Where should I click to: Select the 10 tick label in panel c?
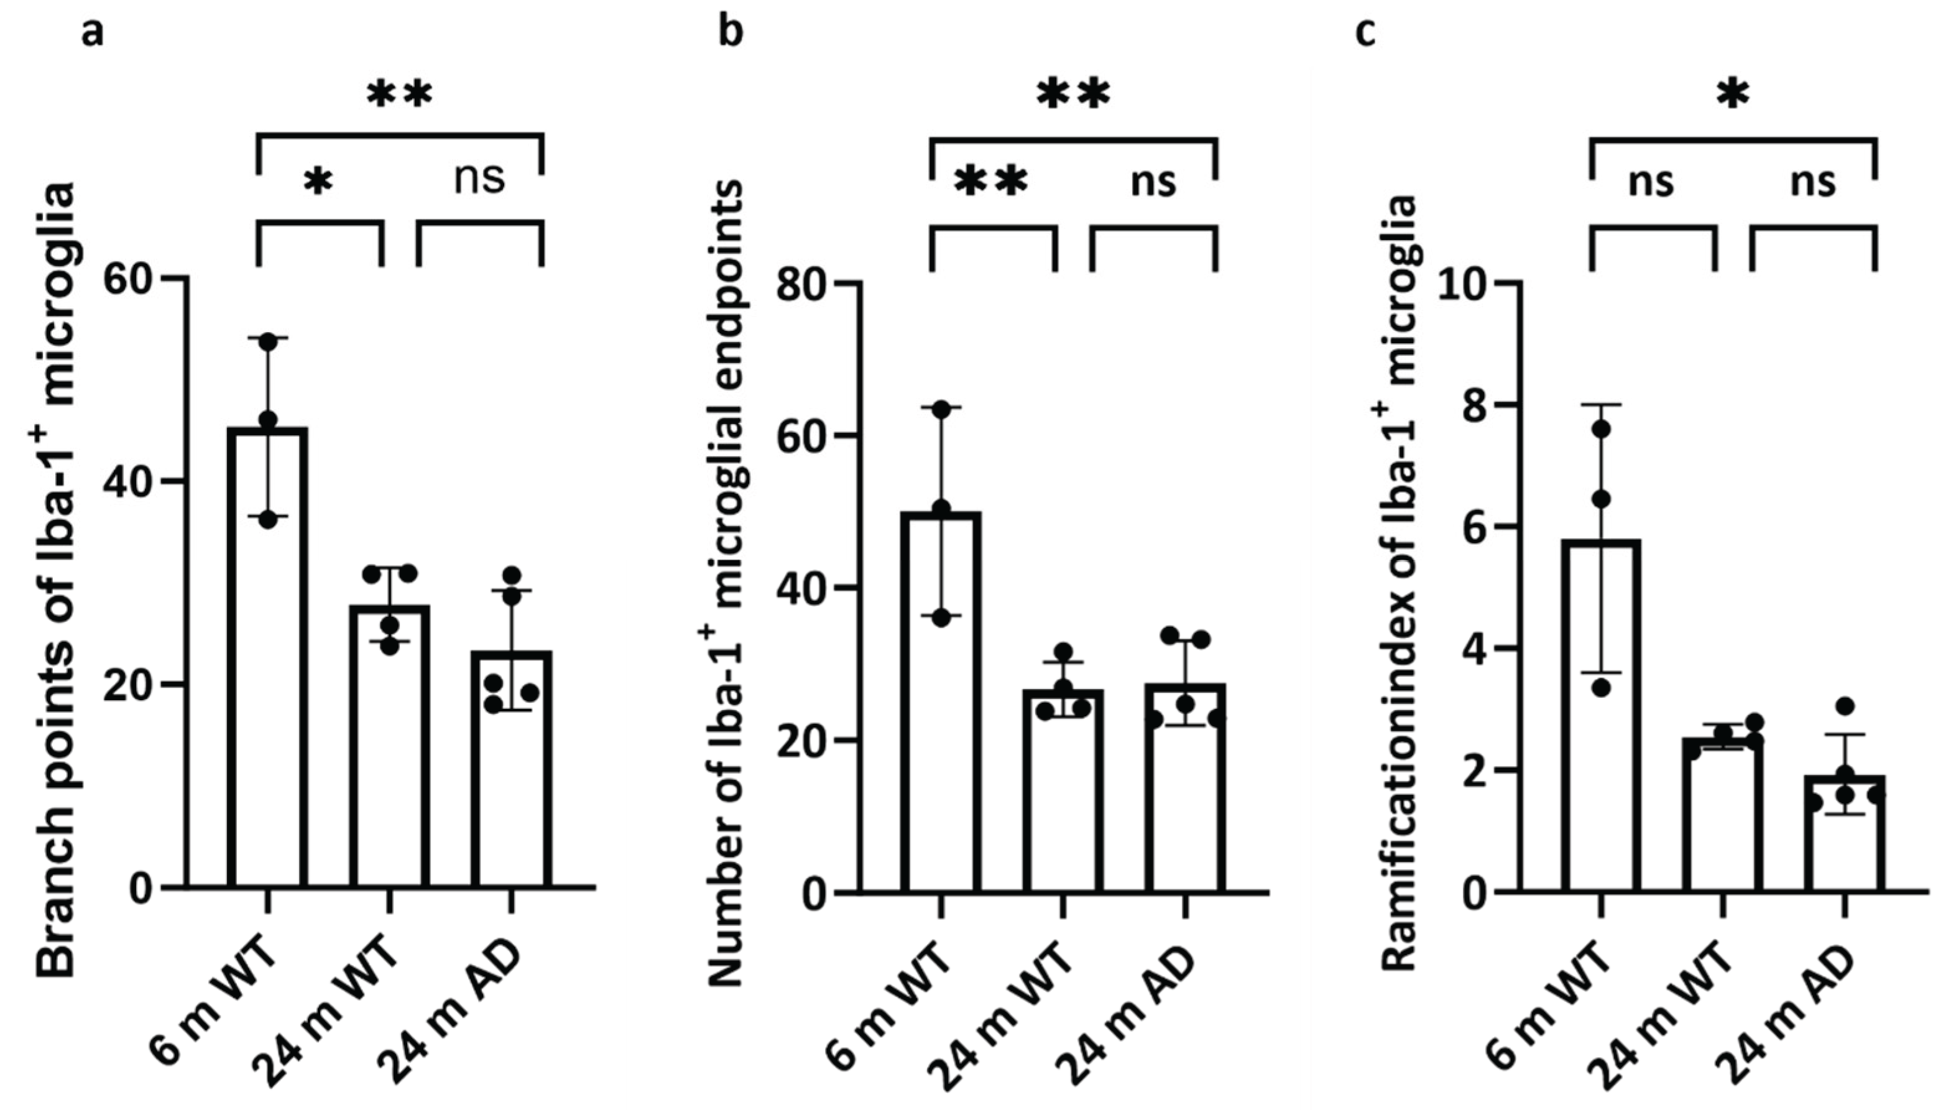pyautogui.click(x=1464, y=283)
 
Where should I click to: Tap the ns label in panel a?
pyautogui.click(x=479, y=179)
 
